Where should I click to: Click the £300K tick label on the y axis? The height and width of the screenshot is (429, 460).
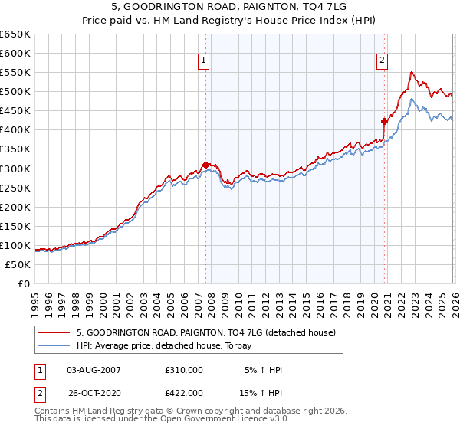15,169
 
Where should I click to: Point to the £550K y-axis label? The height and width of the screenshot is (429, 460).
15,72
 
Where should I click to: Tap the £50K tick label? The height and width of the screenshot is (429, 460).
18,264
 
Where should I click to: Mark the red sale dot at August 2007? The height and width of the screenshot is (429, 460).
205,164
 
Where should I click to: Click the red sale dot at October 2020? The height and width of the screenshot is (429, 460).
384,121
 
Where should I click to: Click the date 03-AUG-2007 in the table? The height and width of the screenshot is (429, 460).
94,370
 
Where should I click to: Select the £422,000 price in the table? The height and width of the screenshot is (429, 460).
183,392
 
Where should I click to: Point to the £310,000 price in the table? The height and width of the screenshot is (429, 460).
183,370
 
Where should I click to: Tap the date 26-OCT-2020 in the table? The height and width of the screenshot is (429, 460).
94,392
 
